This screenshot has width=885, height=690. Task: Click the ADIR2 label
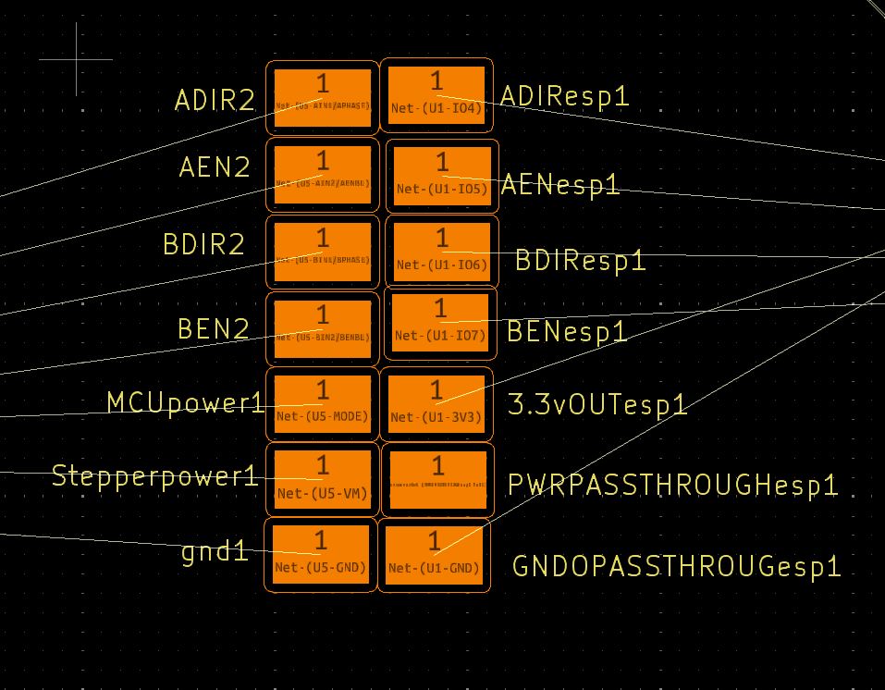tap(214, 100)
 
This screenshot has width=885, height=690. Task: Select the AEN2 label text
tap(215, 167)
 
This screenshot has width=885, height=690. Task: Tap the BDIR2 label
tap(203, 245)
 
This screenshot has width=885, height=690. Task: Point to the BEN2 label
tap(214, 328)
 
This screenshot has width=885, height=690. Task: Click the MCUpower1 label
tap(185, 402)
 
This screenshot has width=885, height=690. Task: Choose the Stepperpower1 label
tap(154, 476)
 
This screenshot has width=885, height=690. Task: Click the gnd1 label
tap(215, 553)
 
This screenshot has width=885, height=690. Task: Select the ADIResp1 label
tap(564, 96)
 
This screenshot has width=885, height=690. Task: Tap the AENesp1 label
tap(559, 185)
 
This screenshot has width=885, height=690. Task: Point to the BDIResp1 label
tap(580, 261)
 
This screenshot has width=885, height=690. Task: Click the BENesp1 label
tap(567, 331)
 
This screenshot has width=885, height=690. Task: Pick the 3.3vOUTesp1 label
tap(597, 404)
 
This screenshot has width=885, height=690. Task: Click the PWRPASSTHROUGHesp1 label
tap(672, 485)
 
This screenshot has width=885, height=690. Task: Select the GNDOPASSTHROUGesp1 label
tap(676, 566)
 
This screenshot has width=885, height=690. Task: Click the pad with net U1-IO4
tap(436, 96)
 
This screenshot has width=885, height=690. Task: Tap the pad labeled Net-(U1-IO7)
tap(440, 323)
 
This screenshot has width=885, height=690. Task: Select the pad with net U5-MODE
tap(323, 403)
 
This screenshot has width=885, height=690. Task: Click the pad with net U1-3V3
tap(436, 404)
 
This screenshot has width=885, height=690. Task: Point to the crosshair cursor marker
tap(76, 59)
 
